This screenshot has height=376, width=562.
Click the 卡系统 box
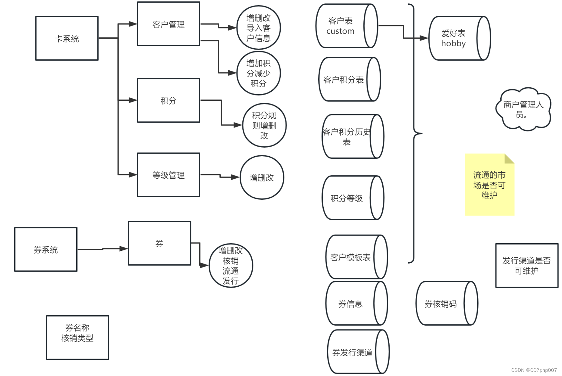(67, 38)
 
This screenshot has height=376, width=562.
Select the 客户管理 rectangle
(169, 24)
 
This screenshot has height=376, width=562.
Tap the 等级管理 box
(169, 175)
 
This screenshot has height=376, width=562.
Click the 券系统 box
(46, 249)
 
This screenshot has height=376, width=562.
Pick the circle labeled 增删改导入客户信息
(259, 28)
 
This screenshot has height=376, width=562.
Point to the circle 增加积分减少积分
(259, 73)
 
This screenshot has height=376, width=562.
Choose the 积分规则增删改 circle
(264, 125)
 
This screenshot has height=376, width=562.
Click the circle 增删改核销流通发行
(231, 266)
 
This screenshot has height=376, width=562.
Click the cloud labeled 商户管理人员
(523, 109)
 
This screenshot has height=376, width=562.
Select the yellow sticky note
(489, 185)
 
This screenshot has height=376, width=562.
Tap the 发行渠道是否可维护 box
(526, 266)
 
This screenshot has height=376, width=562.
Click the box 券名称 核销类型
(78, 337)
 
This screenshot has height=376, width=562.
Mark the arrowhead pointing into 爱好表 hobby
(424, 38)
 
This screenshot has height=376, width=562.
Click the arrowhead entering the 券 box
(124, 248)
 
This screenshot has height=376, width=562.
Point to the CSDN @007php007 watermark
(534, 370)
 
